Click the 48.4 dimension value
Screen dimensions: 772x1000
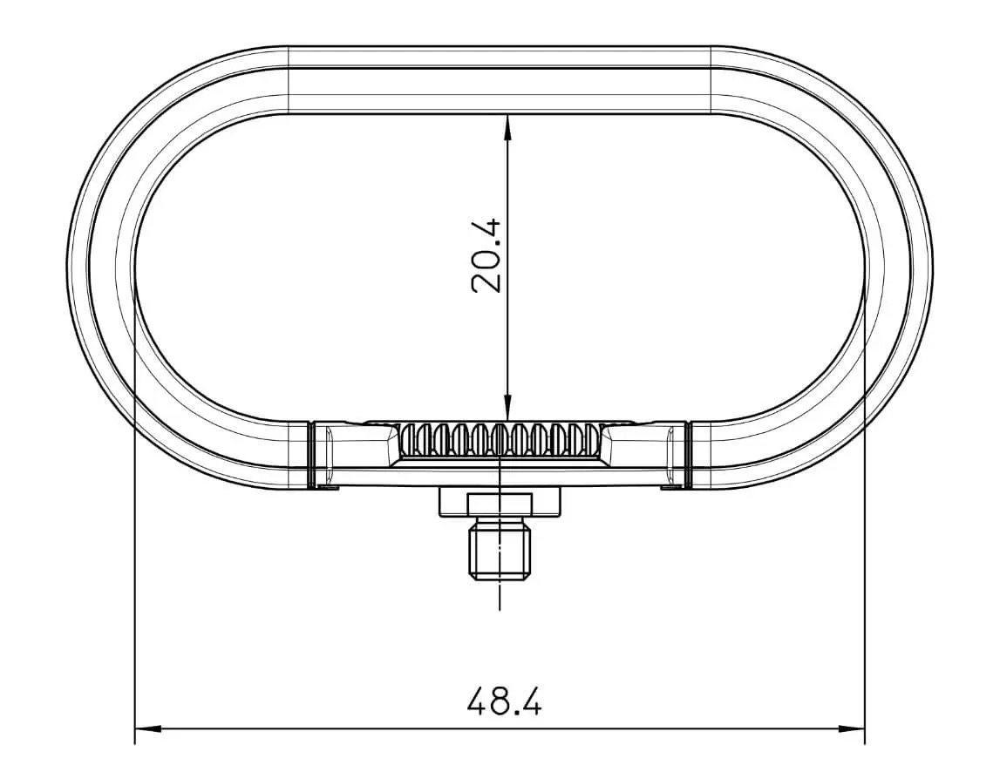click(x=504, y=701)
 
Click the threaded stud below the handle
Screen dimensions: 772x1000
click(x=500, y=549)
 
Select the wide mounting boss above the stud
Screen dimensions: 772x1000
click(x=500, y=502)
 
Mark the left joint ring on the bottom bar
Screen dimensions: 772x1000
click(x=310, y=453)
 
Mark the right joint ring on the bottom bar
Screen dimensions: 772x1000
click(x=688, y=453)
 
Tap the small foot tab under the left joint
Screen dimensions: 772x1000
click(x=326, y=487)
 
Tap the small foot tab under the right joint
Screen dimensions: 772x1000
click(x=671, y=487)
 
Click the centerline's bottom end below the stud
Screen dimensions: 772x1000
click(x=500, y=606)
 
